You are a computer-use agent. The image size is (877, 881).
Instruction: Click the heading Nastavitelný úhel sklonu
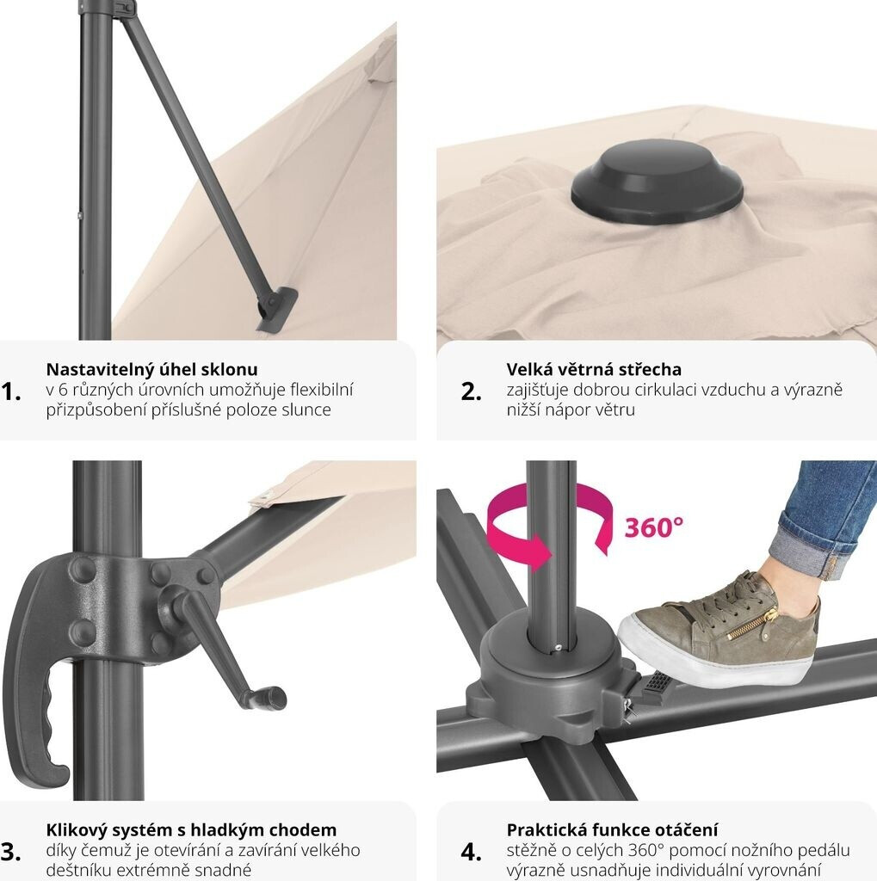pyautogui.click(x=151, y=369)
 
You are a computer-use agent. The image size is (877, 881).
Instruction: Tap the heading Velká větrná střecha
pyautogui.click(x=594, y=369)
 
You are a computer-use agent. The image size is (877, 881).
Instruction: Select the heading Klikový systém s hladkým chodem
pyautogui.click(x=191, y=830)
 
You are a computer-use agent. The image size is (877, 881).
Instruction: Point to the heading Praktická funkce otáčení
pyautogui.click(x=612, y=830)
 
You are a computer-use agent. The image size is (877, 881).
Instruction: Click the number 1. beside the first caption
pyautogui.click(x=11, y=391)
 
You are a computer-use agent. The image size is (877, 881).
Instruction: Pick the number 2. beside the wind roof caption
pyautogui.click(x=471, y=391)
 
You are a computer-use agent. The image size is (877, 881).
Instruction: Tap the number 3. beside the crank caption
pyautogui.click(x=11, y=852)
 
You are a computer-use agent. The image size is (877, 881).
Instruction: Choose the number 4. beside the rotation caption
pyautogui.click(x=471, y=852)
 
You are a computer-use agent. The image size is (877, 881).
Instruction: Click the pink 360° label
pyautogui.click(x=654, y=527)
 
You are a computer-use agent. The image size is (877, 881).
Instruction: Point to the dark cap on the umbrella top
pyautogui.click(x=657, y=181)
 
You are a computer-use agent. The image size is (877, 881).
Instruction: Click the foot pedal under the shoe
pyautogui.click(x=656, y=683)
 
